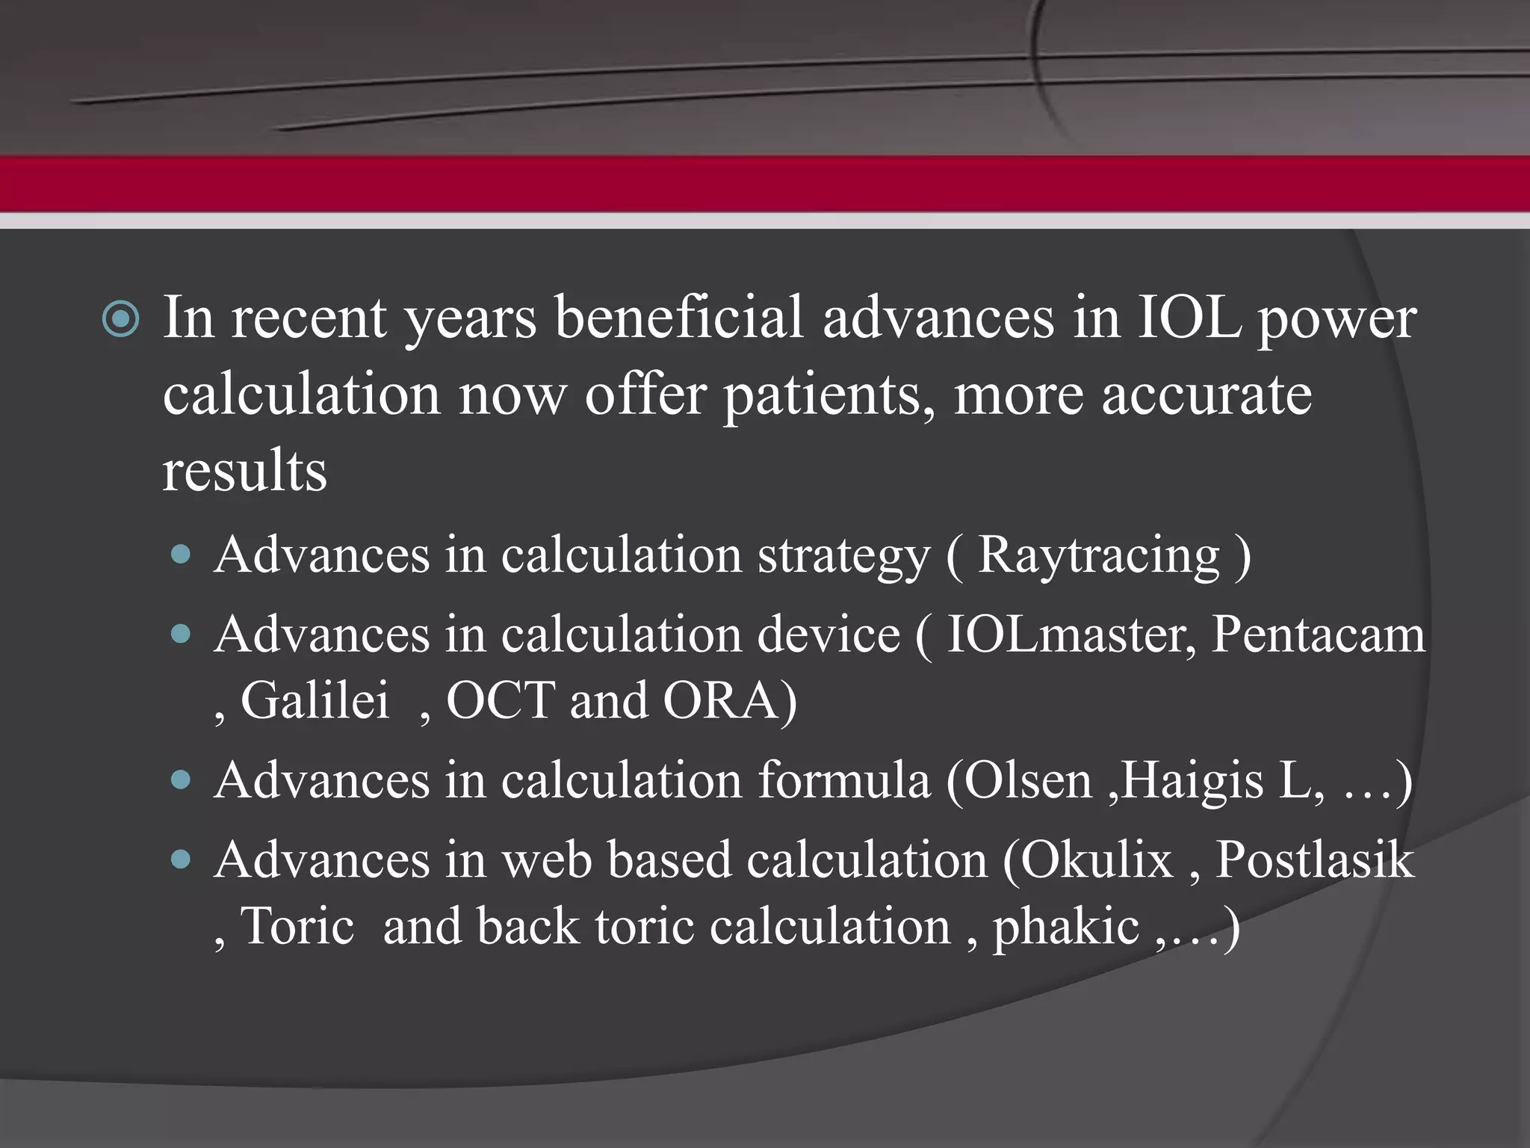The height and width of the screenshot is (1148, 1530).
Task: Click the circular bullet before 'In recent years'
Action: (120, 320)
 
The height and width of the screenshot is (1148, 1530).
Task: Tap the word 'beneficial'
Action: (678, 318)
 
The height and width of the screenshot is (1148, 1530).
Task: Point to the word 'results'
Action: (245, 472)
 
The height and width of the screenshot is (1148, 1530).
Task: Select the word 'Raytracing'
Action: (1098, 555)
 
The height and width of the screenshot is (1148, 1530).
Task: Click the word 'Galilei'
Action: (315, 701)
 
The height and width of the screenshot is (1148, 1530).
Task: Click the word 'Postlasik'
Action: (1315, 860)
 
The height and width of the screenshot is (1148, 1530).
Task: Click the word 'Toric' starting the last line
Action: (297, 927)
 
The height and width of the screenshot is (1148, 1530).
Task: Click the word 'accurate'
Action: (1206, 396)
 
